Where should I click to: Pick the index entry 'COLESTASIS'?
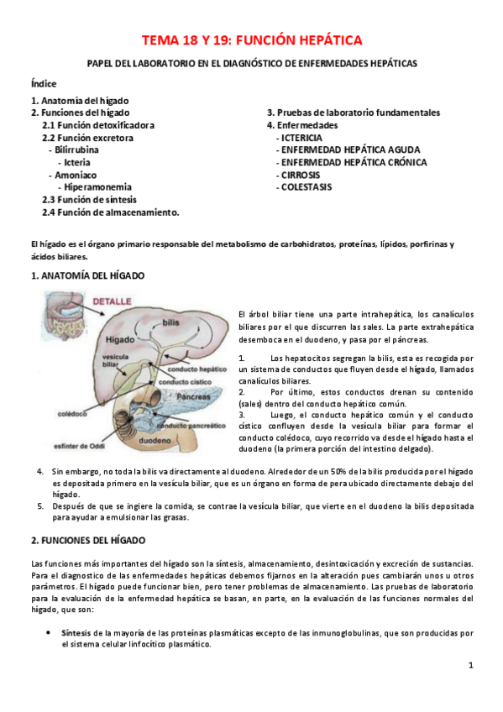click(x=306, y=187)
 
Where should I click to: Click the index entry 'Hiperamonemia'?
click(x=97, y=187)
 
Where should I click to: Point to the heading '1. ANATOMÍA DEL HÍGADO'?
click(x=87, y=275)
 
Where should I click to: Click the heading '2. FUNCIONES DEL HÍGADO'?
click(x=88, y=541)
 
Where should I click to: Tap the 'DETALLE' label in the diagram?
click(x=112, y=300)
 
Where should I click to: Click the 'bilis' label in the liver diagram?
click(x=171, y=322)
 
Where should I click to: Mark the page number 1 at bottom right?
click(x=471, y=665)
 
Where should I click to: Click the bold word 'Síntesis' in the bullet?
click(x=75, y=632)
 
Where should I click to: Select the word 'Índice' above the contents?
click(x=44, y=85)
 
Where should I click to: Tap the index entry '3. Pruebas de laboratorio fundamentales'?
click(x=354, y=113)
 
